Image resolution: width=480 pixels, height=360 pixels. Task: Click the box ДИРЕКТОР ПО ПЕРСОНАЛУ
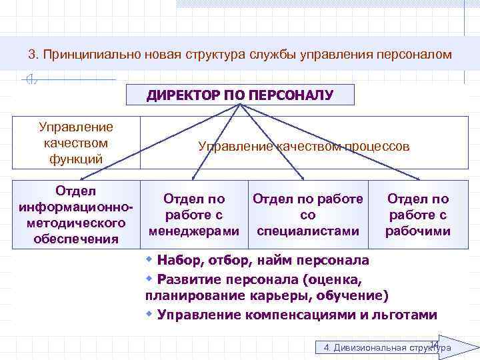[240, 95]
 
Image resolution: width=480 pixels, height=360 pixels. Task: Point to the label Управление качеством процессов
[304, 146]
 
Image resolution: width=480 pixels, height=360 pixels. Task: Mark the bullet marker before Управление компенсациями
[150, 313]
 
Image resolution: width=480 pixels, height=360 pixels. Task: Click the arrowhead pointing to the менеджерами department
[194, 177]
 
